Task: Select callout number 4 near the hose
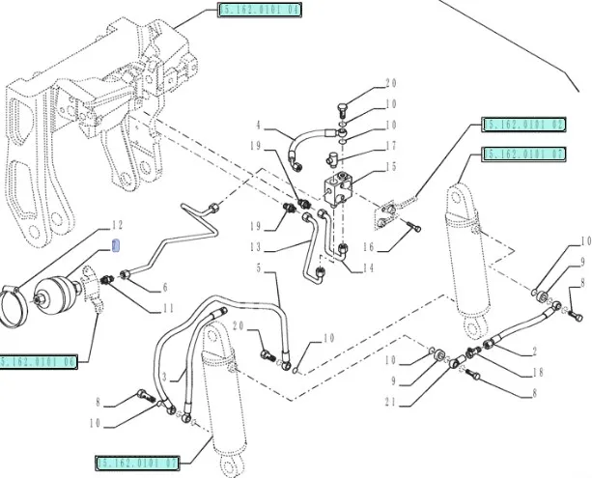click(x=259, y=126)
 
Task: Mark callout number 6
click(x=164, y=287)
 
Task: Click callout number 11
click(x=168, y=308)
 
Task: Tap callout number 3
click(x=165, y=374)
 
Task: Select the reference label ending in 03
click(x=522, y=126)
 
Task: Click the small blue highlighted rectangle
click(x=117, y=242)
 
